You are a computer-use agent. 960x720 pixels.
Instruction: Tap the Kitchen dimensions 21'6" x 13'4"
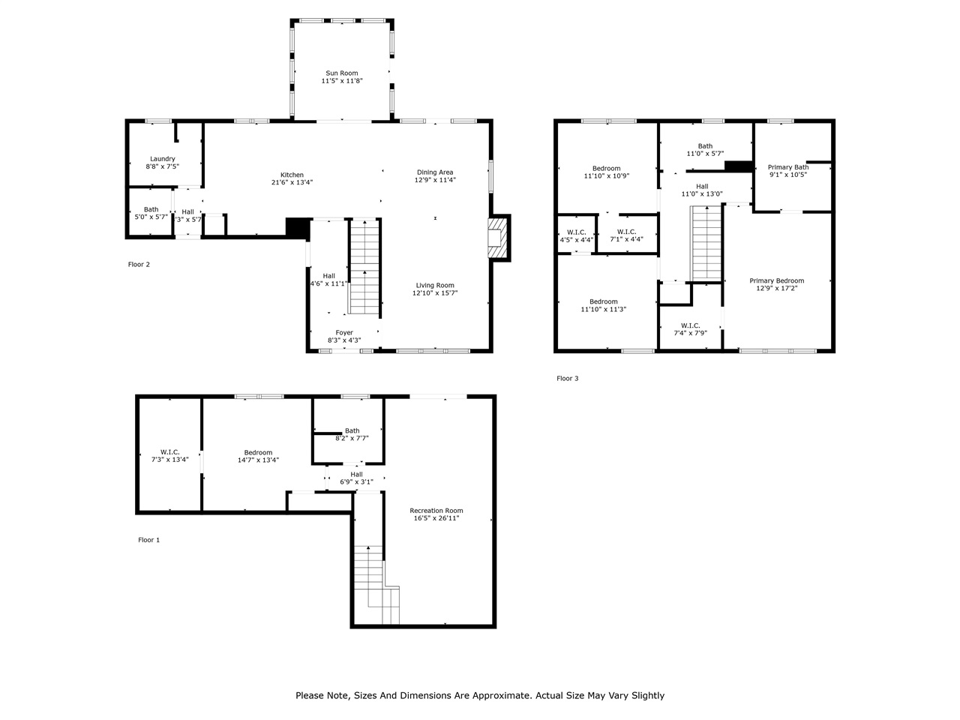click(292, 182)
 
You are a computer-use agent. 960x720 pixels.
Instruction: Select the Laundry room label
click(162, 159)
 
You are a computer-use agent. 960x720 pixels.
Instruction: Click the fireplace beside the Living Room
click(498, 238)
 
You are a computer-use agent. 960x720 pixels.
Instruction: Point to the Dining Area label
click(435, 172)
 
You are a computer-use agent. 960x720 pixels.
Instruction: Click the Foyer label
click(344, 332)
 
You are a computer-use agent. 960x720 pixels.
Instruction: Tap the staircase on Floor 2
click(365, 266)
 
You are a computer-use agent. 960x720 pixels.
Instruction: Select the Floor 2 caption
click(139, 264)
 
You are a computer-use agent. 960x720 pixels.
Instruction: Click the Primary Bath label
click(788, 167)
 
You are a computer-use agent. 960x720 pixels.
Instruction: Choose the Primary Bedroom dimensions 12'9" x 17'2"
click(776, 288)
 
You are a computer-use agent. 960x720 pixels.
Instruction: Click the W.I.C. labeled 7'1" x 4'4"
click(626, 235)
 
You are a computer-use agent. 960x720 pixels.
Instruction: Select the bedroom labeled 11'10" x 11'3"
click(603, 305)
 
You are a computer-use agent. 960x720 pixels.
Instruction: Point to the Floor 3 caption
click(567, 379)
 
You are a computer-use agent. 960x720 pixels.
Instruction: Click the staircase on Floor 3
click(706, 242)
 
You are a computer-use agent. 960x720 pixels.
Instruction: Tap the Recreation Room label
click(436, 511)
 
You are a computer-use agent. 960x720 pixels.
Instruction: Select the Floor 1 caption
click(148, 540)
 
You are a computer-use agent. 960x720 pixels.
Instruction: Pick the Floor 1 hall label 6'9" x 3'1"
click(356, 478)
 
